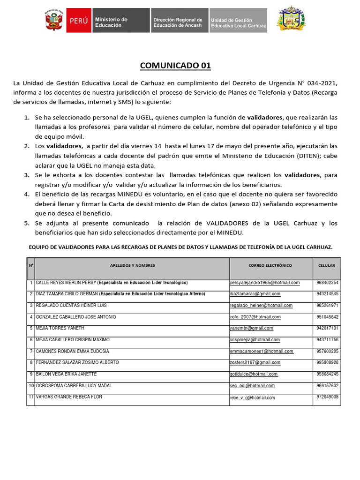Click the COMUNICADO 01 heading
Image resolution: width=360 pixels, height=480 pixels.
point(175,66)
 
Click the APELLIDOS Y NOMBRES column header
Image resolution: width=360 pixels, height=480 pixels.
point(132,265)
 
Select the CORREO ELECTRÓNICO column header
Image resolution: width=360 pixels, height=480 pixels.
point(270,265)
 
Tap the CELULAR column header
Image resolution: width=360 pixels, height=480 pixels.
point(326,265)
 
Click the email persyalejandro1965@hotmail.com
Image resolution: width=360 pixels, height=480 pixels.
point(265,283)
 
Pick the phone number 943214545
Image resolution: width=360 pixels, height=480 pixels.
point(327,294)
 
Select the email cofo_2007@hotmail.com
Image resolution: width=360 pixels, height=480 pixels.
point(255,317)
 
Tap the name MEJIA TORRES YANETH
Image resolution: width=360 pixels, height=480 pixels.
point(60,328)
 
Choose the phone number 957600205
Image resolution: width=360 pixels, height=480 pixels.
point(327,351)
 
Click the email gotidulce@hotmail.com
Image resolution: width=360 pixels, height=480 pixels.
point(254,374)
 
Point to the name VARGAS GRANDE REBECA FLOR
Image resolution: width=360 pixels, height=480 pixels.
point(69,397)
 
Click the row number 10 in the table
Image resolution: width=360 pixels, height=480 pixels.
point(30,385)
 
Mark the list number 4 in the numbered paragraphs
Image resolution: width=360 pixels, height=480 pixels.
point(27,194)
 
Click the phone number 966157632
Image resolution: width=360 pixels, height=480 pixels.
point(327,385)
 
